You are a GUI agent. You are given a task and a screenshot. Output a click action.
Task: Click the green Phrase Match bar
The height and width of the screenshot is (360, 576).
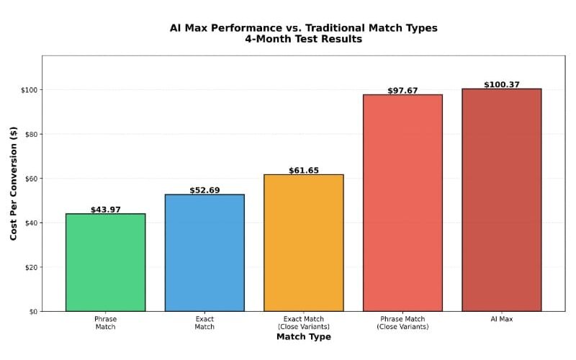[x=105, y=263]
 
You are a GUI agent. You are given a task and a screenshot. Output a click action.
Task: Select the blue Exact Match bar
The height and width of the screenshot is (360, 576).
[x=204, y=253]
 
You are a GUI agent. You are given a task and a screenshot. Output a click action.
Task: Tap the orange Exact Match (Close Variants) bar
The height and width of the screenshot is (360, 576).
[x=303, y=243]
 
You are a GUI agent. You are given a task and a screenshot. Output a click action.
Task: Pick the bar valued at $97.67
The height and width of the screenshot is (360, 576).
[x=402, y=203]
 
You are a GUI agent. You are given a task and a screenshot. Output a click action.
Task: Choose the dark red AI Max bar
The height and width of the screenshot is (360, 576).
[x=502, y=200]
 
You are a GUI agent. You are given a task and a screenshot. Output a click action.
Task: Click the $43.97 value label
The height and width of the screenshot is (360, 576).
[x=105, y=210]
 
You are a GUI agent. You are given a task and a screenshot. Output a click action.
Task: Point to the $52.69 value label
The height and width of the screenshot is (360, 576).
[x=204, y=190]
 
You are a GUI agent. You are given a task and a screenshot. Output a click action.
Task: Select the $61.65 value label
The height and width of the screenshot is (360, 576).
[x=303, y=171]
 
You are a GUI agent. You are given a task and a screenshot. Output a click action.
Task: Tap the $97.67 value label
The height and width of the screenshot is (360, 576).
[x=402, y=91]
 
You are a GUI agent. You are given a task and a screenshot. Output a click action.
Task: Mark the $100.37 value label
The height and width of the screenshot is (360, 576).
[x=502, y=85]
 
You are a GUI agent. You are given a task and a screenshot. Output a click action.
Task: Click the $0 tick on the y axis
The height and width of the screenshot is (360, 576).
[x=32, y=312]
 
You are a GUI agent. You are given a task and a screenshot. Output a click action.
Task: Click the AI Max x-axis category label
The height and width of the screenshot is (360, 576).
[x=502, y=319]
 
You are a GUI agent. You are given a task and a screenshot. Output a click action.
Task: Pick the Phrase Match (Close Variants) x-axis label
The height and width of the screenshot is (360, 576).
[x=402, y=323]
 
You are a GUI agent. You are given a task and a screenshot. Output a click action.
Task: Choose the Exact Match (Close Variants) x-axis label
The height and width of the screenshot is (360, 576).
[x=303, y=323]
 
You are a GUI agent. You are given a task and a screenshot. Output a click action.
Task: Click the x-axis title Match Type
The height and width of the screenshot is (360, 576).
[x=303, y=337]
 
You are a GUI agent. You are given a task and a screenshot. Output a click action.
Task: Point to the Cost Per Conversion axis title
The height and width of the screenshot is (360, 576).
[x=13, y=184]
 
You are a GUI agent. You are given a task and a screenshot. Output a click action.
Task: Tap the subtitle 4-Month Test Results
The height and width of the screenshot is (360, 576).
[x=303, y=40]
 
